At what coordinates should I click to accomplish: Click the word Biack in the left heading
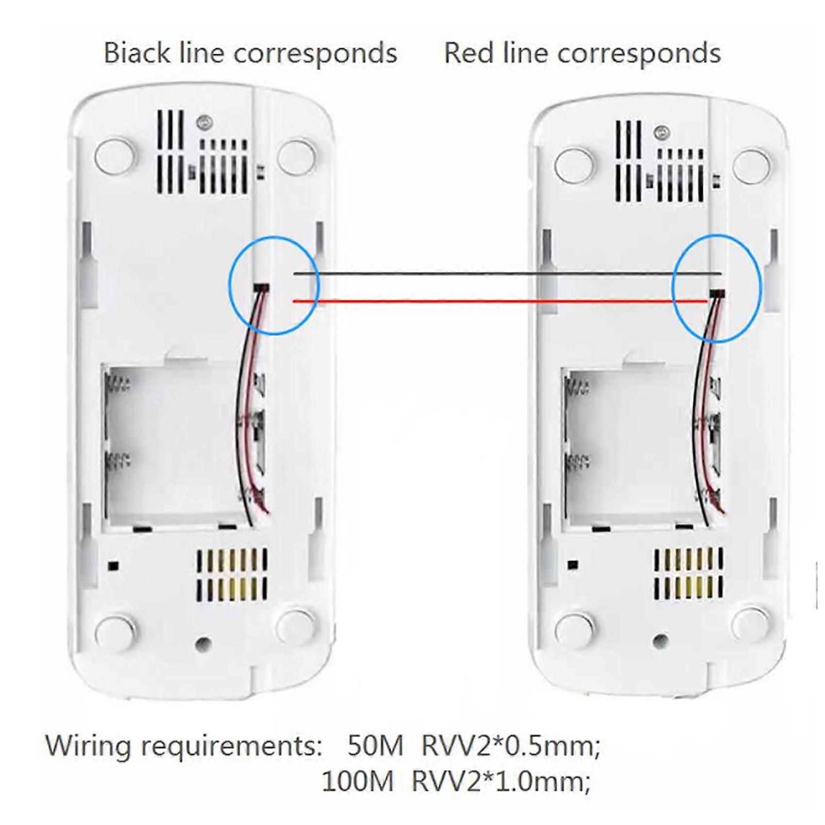point(136,53)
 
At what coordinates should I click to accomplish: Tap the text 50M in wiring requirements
point(375,746)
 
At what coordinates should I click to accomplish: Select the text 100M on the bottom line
point(357,781)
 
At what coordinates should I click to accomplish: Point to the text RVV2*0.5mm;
point(511,746)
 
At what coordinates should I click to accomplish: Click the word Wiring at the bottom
point(87,746)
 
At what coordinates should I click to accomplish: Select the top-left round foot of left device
point(115,155)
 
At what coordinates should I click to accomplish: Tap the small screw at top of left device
point(205,122)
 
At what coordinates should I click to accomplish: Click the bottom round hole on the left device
point(203,643)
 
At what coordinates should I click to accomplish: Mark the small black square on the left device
point(113,566)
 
